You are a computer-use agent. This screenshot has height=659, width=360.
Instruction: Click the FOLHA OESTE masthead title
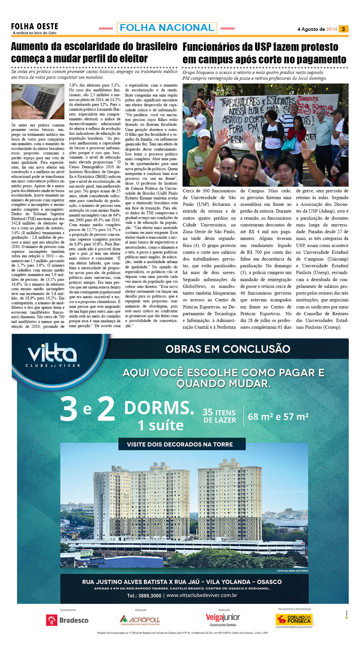coord(34,26)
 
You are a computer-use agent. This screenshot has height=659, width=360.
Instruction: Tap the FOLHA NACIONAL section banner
coord(167,28)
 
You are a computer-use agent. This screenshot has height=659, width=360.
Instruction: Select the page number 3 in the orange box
coord(343,29)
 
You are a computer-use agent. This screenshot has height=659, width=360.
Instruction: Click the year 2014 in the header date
coord(331,29)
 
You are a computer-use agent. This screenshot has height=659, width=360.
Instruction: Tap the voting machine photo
coord(38,102)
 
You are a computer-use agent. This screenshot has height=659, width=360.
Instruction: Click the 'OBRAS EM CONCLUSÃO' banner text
coord(228,349)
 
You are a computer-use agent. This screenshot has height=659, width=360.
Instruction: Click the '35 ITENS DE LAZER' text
coord(220,416)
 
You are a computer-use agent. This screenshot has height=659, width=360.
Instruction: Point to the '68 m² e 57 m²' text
coord(278,417)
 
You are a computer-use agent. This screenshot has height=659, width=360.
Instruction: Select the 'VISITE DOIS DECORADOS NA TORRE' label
coord(180,444)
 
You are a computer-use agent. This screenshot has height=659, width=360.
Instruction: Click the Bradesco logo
coord(67,620)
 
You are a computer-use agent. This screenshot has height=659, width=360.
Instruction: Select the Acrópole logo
coord(140,619)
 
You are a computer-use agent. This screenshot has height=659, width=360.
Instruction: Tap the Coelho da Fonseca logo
coord(294,619)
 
